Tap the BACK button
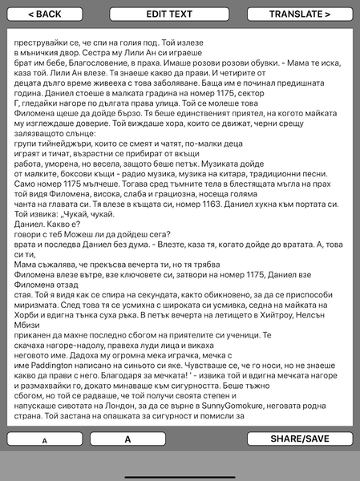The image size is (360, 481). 44,14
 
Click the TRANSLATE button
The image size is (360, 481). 300,14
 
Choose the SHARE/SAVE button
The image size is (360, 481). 300,439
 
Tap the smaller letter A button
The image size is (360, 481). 44,440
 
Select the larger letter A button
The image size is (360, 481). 127,439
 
